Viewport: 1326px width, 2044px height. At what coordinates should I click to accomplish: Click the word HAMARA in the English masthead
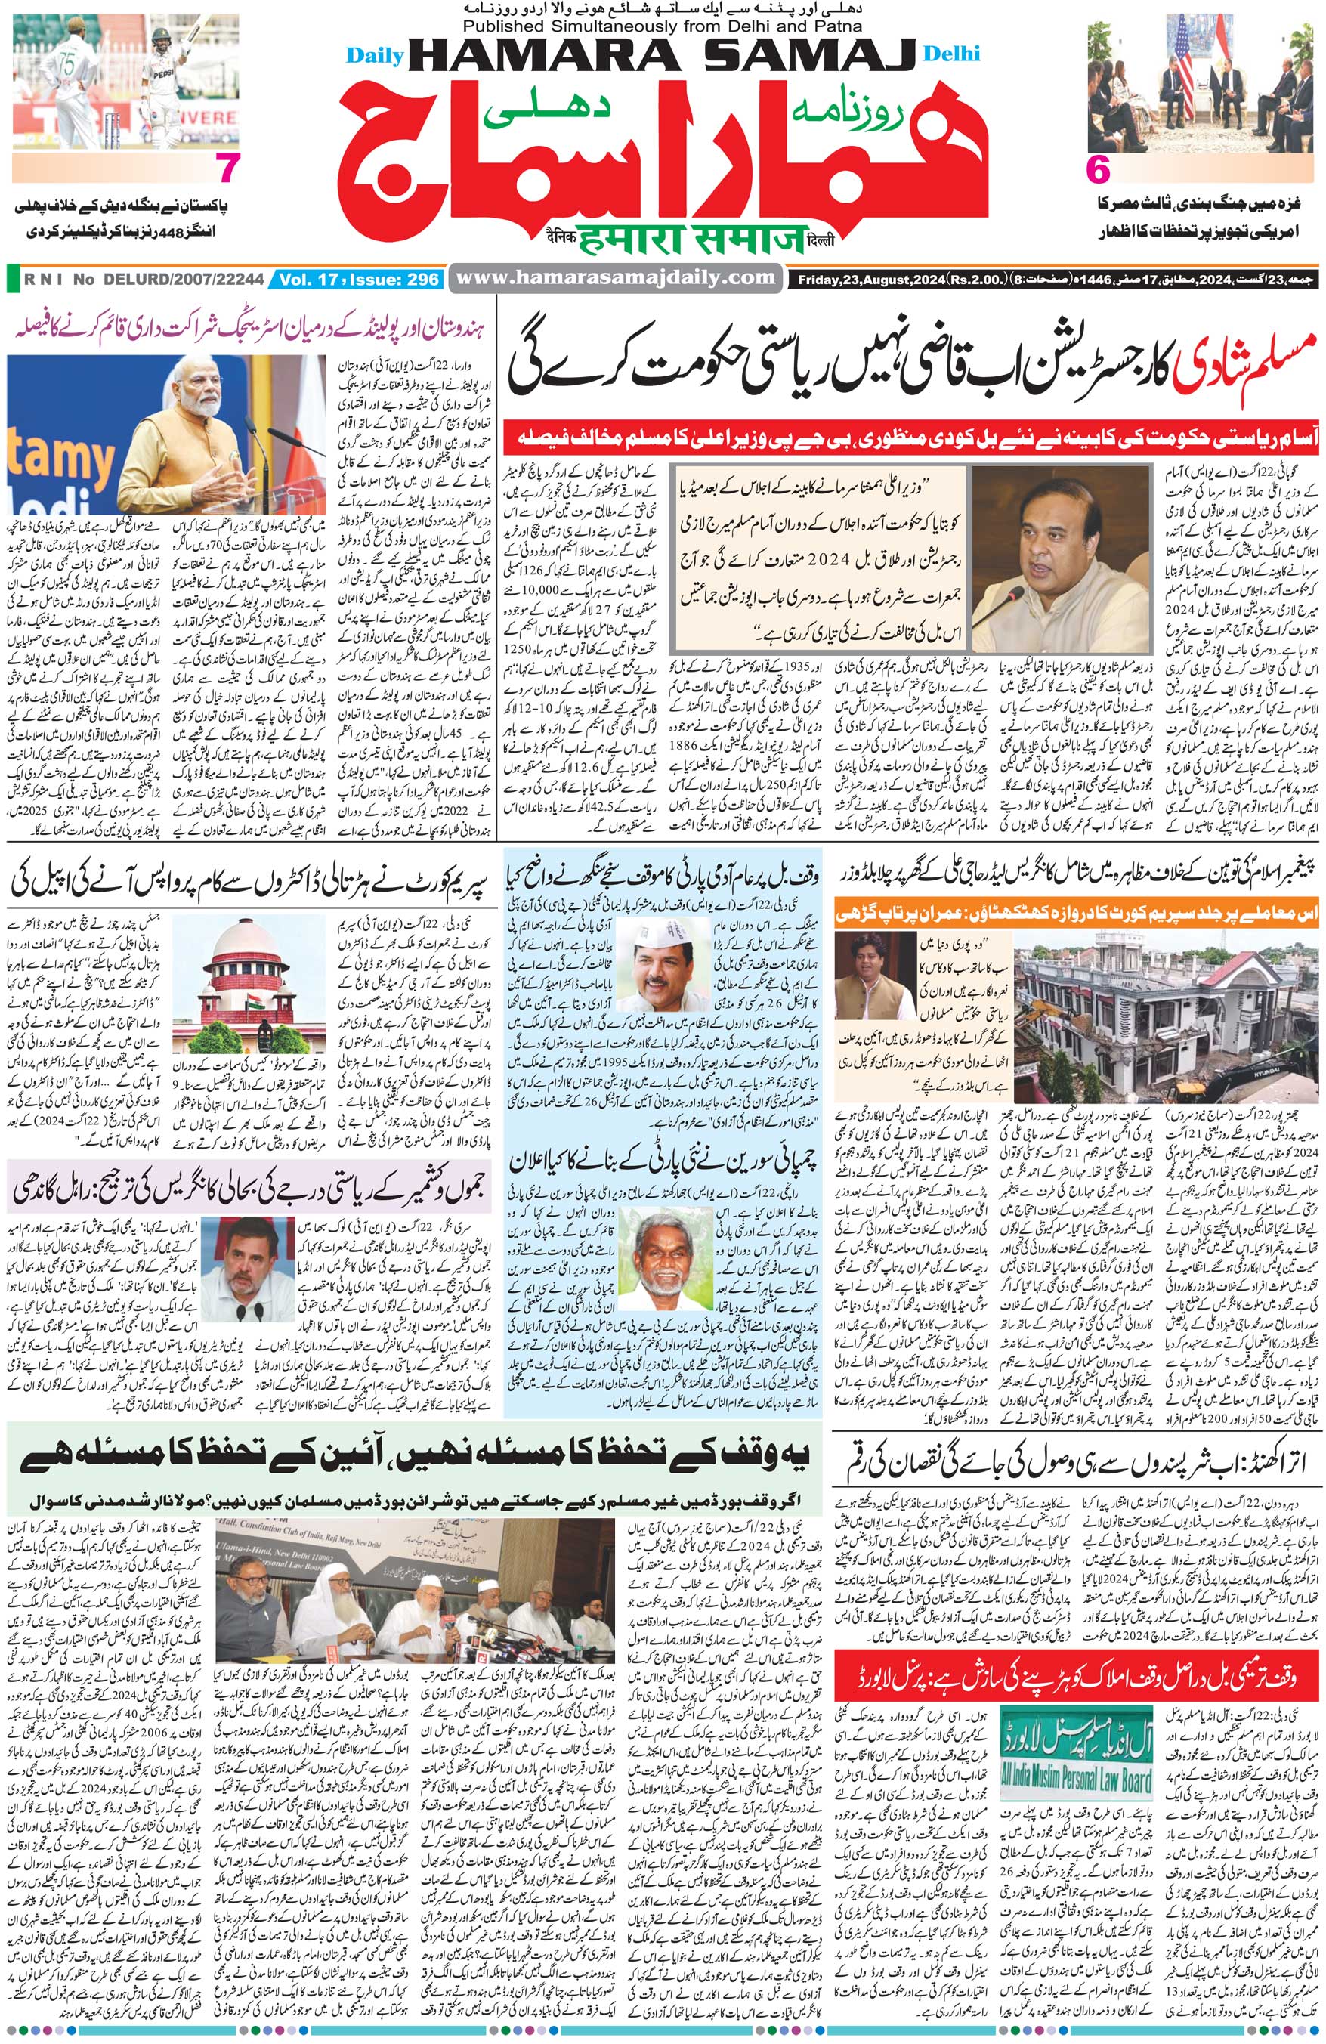coord(541,57)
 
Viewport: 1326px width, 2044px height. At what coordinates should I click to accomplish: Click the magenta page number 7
coord(225,169)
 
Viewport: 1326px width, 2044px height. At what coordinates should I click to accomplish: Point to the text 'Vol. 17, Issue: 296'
coord(359,278)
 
